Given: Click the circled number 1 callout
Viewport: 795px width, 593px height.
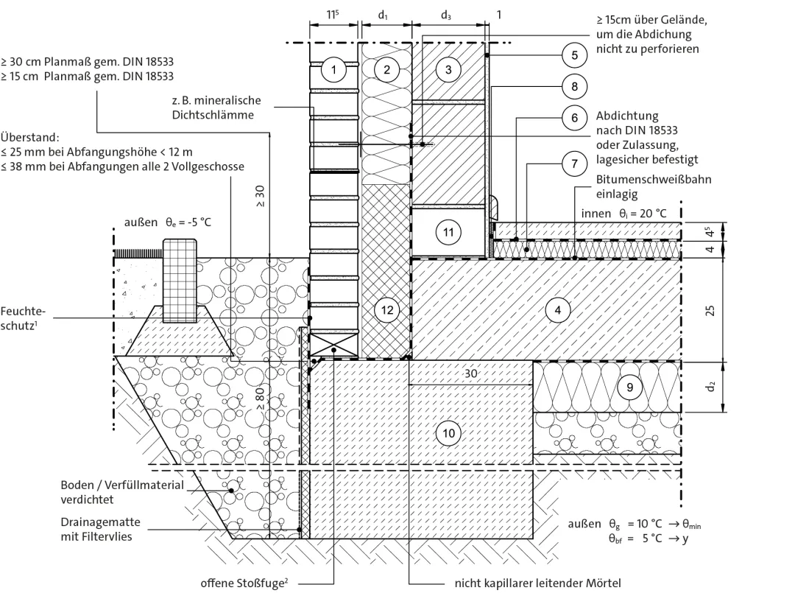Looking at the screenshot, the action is point(333,69).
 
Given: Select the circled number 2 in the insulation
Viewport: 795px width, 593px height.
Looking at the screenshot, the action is point(387,69).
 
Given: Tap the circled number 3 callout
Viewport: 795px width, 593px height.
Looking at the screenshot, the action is point(448,69).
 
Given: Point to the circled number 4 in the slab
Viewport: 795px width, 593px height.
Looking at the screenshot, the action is point(558,310).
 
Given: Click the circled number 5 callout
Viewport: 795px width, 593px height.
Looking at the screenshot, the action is point(574,55).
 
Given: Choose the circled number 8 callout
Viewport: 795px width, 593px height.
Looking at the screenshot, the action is point(574,86).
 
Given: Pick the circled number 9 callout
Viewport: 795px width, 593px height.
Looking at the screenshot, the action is point(629,387).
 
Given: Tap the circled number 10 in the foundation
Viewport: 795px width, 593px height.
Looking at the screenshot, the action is point(449,433).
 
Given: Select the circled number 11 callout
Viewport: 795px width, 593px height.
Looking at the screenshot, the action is point(448,232).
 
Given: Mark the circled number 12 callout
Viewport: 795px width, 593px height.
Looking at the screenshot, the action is point(387,310).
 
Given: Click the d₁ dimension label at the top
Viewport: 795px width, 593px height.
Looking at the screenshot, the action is point(383,15).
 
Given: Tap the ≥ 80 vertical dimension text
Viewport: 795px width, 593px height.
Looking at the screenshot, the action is point(260,399).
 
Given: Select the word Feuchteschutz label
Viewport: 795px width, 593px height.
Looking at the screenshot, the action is point(23,318).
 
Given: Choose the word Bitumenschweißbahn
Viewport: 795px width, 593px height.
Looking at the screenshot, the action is point(654,179).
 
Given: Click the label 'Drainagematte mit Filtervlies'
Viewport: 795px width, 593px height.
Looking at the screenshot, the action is point(100,529).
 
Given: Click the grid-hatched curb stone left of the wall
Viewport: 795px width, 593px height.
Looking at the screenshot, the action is point(180,281).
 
